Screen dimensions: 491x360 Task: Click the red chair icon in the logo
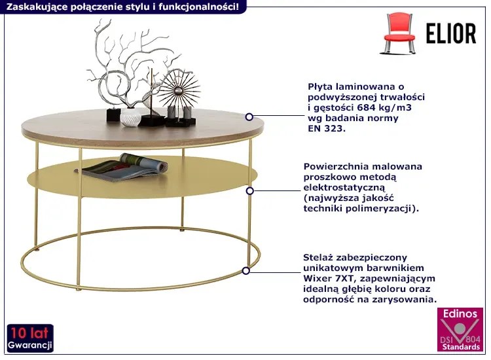click(x=398, y=33)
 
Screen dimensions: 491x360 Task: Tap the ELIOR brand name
click(x=451, y=33)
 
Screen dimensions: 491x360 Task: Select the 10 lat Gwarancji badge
click(x=30, y=338)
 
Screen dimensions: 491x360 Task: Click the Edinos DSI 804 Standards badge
click(x=460, y=330)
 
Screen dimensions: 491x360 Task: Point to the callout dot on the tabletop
click(x=249, y=117)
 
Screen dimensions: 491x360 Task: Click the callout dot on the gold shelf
click(x=249, y=190)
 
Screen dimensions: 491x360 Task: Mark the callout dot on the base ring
click(x=246, y=271)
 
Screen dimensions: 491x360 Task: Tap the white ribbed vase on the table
click(x=130, y=117)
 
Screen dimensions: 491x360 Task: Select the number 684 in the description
click(x=366, y=107)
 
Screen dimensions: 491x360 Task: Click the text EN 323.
click(x=327, y=128)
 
